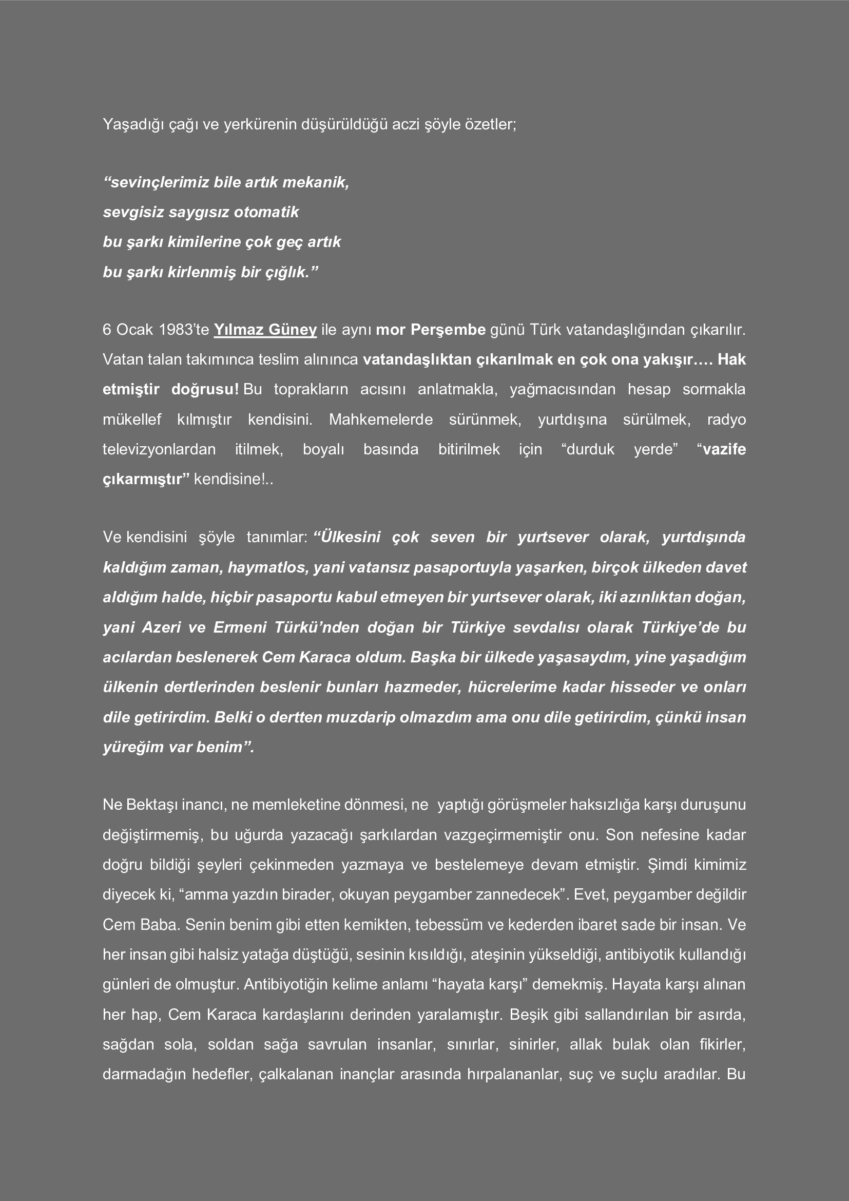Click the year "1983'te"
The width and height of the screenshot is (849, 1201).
coord(183,330)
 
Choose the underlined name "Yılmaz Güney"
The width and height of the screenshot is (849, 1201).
coord(265,330)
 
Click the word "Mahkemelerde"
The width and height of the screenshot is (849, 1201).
coord(380,420)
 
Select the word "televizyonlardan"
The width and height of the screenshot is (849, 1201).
coord(159,449)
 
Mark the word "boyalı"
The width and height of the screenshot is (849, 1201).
coord(323,449)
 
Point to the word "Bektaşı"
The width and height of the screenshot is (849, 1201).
coord(151,805)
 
